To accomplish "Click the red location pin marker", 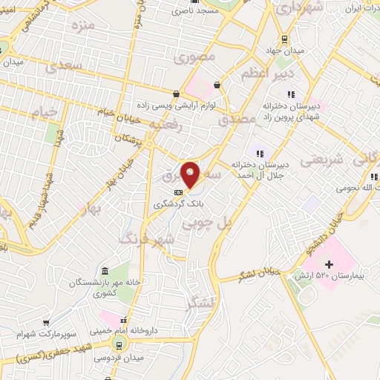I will [191, 174].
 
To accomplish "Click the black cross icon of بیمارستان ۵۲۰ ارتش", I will [330, 264].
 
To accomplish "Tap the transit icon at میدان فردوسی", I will [118, 343].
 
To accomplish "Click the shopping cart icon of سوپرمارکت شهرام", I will [46, 323].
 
